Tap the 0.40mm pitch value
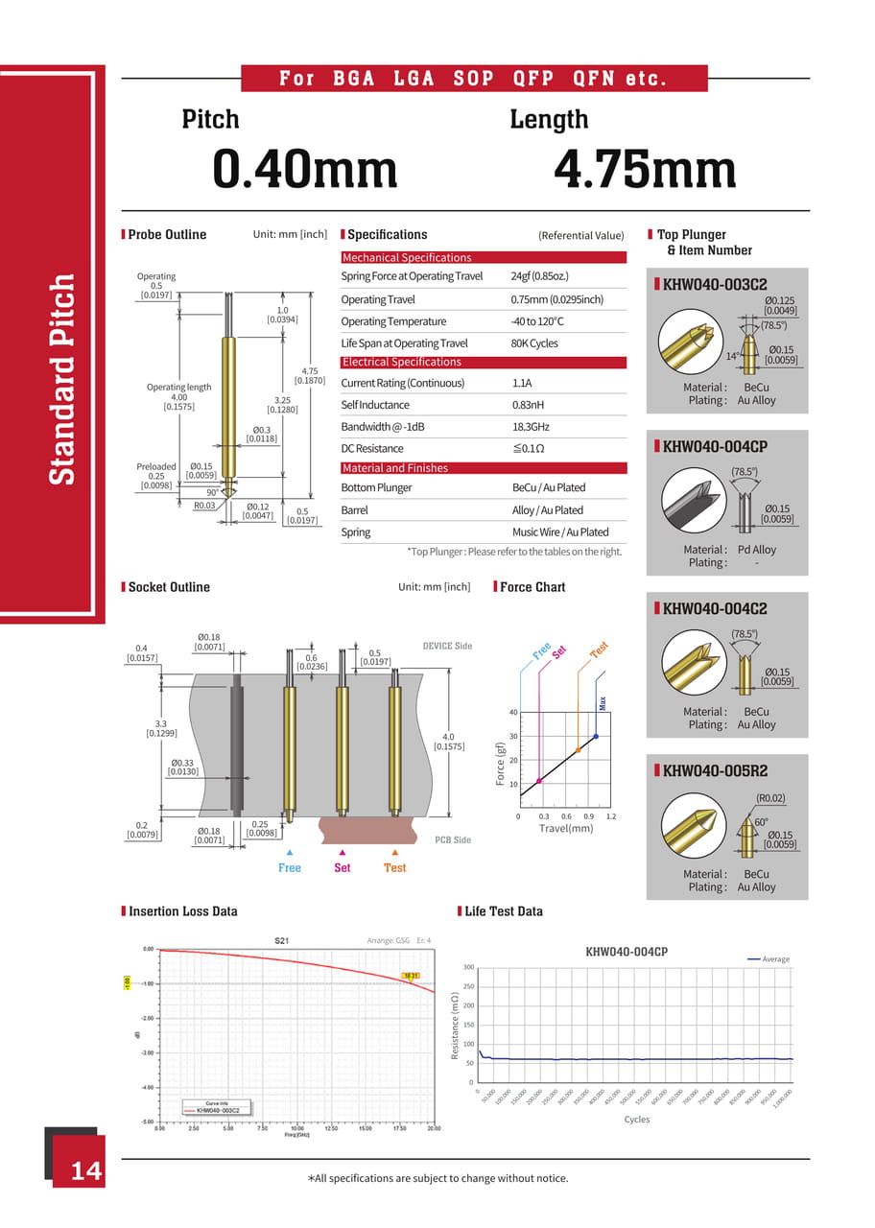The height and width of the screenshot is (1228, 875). tap(305, 170)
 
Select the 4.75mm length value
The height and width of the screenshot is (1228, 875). tap(645, 170)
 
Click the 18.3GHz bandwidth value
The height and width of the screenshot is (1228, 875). tap(531, 427)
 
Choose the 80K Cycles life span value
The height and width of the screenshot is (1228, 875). tap(534, 343)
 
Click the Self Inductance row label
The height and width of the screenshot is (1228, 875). tap(375, 405)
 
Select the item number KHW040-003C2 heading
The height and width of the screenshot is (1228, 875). tap(715, 284)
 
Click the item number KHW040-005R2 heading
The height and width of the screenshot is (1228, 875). tap(715, 770)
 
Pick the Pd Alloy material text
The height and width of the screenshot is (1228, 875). tap(757, 550)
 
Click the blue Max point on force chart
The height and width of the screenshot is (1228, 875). tap(595, 737)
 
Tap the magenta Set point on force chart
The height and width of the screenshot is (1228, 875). tap(539, 781)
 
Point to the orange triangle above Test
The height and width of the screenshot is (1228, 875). tap(394, 852)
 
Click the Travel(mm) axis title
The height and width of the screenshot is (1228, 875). tap(566, 828)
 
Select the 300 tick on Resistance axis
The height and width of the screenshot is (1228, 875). tap(468, 967)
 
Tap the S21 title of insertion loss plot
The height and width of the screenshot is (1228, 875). tap(281, 940)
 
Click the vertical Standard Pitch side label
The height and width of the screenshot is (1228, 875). tap(61, 380)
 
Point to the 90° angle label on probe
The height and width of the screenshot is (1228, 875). tap(213, 492)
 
